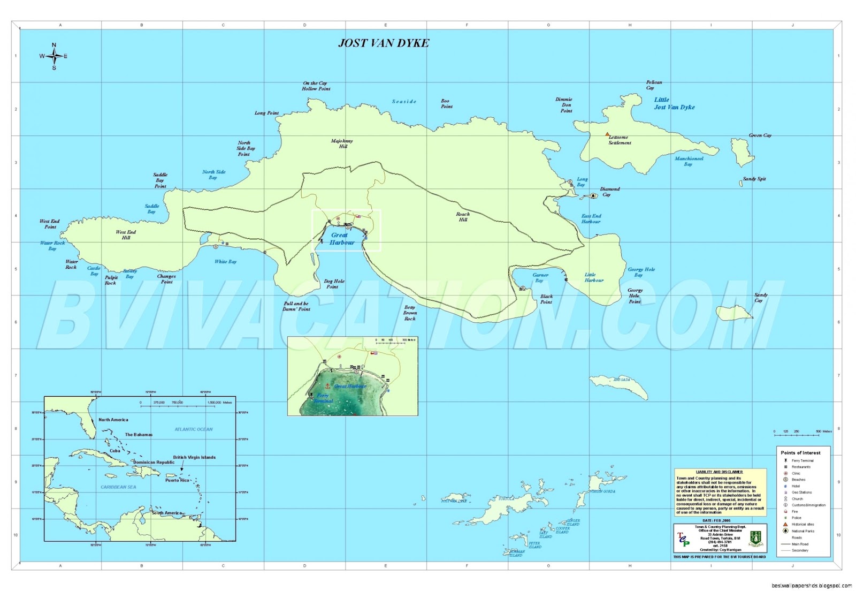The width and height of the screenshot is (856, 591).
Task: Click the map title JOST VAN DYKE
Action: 384,43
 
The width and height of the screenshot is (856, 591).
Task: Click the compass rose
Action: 53,56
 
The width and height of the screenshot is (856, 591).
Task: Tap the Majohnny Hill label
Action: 342,143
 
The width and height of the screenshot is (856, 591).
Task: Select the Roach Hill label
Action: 463,217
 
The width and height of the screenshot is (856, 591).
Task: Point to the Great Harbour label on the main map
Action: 341,239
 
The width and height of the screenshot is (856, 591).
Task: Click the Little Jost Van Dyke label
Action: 674,103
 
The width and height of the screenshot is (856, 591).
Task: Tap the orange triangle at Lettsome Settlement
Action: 607,134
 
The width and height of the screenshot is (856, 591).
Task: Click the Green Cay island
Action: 743,153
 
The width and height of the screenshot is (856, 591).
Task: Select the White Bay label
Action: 225,262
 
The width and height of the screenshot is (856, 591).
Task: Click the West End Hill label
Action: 126,235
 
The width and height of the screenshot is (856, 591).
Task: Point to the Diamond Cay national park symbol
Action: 593,196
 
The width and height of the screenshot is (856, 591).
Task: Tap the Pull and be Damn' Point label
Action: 296,306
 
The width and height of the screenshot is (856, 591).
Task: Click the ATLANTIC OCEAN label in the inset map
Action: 194,429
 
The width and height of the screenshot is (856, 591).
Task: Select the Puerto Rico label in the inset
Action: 177,480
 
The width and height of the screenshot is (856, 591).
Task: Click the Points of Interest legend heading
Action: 800,453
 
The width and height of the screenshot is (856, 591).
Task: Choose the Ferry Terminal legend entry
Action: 802,460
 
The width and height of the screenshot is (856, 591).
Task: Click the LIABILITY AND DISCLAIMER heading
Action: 719,472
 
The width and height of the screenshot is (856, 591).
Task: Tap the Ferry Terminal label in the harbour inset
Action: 323,398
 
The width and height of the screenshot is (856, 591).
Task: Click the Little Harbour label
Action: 594,277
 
